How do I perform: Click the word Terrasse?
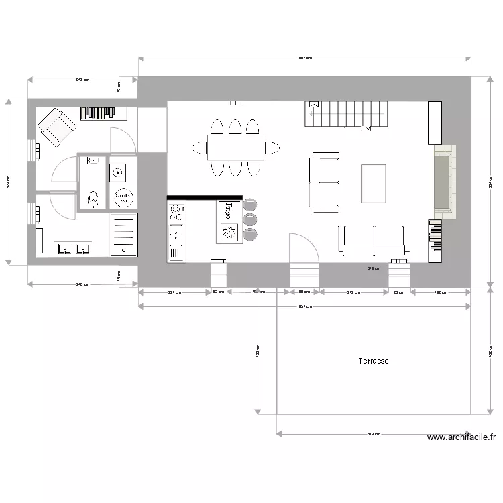click(x=374, y=361)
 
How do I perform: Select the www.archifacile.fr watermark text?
click(x=461, y=437)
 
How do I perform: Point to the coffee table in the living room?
click(x=374, y=183)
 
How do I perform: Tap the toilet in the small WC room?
click(x=93, y=198)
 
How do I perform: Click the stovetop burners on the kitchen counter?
click(x=177, y=213)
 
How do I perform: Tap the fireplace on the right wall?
click(x=443, y=182)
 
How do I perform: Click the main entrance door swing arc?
click(x=303, y=248)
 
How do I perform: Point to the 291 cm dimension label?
click(x=174, y=292)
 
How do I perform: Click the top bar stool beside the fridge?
click(x=249, y=203)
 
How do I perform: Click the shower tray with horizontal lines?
click(x=123, y=234)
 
